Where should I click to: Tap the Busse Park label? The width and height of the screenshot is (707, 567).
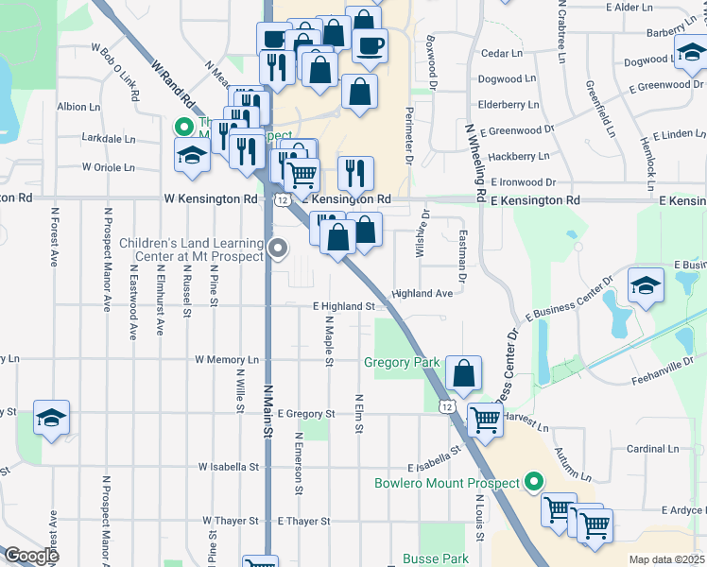click(x=436, y=558)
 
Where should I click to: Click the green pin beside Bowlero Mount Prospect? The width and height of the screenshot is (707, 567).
click(x=534, y=482)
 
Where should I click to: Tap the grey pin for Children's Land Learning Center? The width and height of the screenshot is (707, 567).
click(x=278, y=249)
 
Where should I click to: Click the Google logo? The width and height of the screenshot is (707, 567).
click(x=31, y=556)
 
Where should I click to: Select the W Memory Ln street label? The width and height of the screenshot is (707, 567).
click(x=227, y=360)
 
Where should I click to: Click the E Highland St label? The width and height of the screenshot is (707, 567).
click(x=344, y=306)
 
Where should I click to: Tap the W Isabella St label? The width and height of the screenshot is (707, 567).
click(x=229, y=467)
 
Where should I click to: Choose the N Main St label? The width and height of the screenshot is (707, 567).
click(x=268, y=409)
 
